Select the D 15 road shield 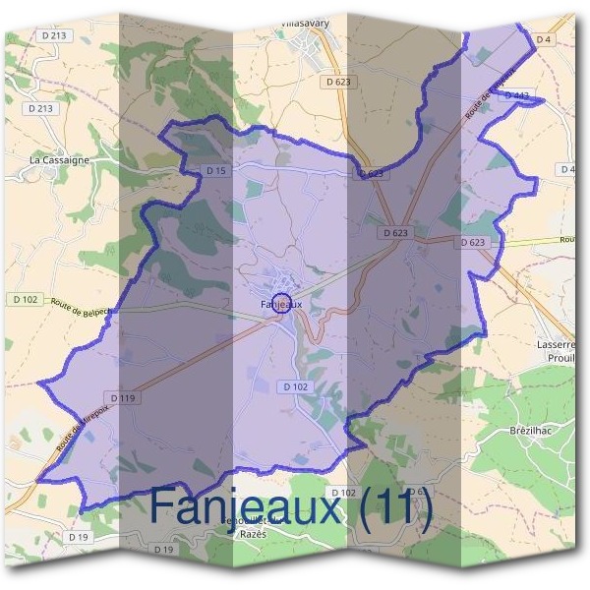(216, 171)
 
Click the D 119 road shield (122, 398)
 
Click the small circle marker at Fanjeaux (281, 302)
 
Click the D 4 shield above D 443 (544, 39)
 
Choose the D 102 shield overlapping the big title (343, 492)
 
